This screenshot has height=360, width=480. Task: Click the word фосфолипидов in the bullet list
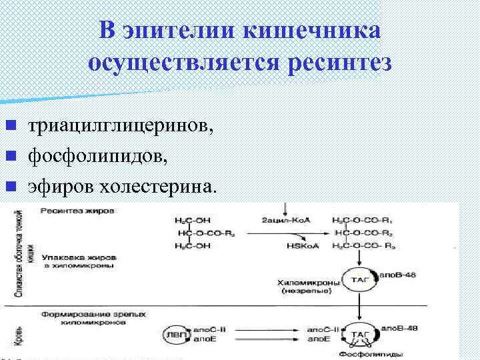[93, 157]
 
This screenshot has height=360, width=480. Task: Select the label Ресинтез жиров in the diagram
[77, 211]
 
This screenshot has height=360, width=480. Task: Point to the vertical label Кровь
[15, 337]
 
